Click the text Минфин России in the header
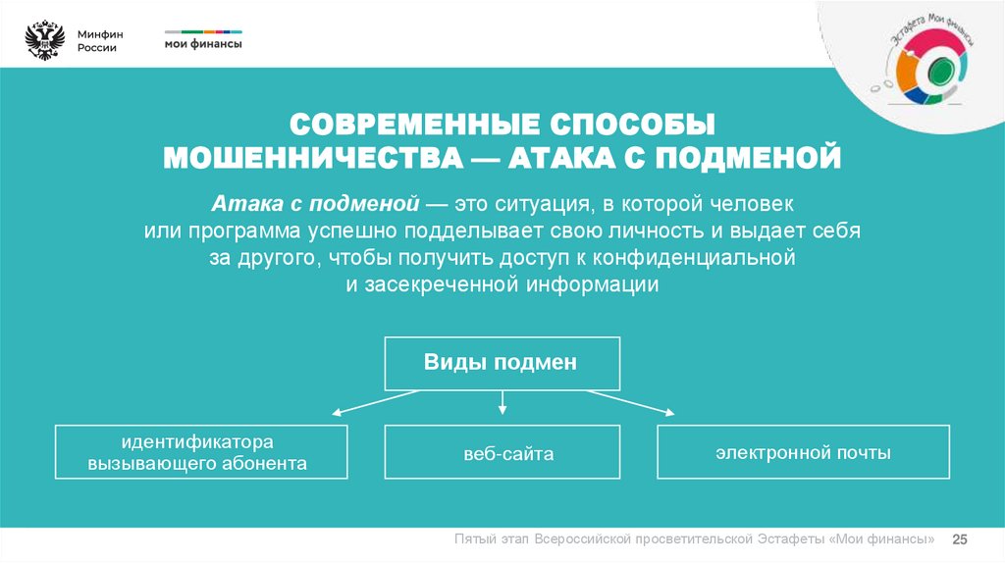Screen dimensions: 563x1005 coord(97,41)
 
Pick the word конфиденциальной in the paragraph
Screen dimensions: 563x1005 coord(706,258)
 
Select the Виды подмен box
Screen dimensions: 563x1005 coord(501,363)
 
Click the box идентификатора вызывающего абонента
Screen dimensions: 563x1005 coord(201,451)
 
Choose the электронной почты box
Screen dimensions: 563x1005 coord(803,452)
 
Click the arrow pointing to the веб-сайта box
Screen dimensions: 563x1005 coord(502,402)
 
